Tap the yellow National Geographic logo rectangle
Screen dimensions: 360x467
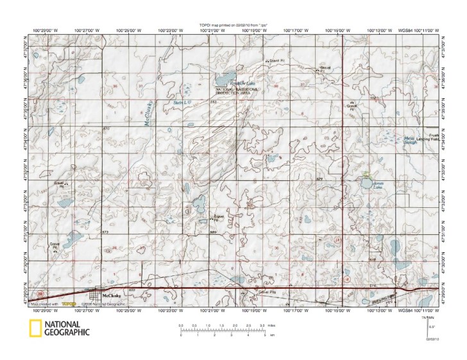(x=35, y=328)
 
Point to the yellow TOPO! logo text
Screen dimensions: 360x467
(x=69, y=304)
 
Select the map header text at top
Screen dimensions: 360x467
(x=234, y=25)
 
